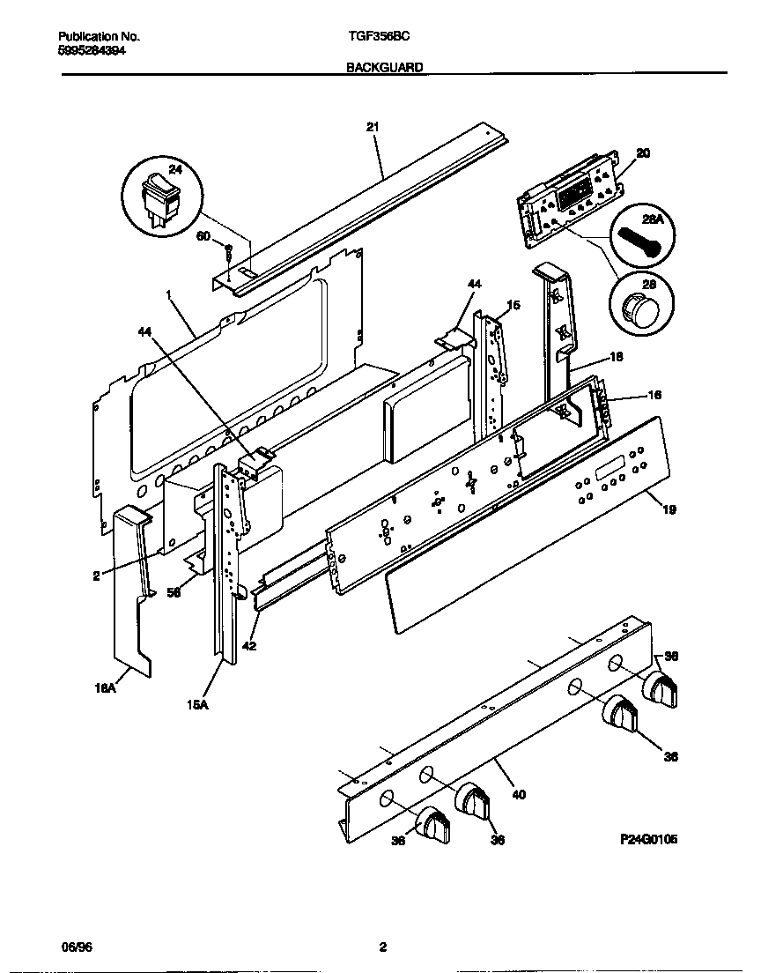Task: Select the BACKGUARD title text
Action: point(385,66)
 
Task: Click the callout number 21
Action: point(372,127)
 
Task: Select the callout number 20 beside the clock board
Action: point(642,153)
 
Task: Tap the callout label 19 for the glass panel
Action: point(669,509)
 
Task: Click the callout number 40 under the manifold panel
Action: point(518,794)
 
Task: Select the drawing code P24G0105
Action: point(648,840)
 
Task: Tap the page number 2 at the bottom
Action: point(382,948)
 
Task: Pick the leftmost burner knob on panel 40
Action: point(432,825)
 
